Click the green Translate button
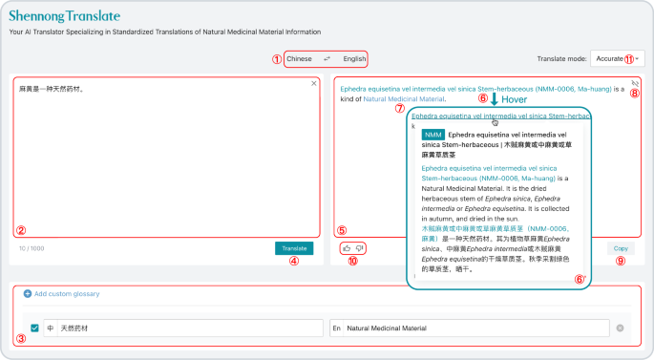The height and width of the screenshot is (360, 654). pos(292,248)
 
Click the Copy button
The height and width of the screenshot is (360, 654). pos(621,248)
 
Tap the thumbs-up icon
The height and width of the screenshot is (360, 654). pos(347,248)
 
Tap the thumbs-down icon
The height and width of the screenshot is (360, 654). pos(360,248)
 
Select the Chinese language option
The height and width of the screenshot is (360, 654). pos(299,58)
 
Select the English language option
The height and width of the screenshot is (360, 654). pos(354,58)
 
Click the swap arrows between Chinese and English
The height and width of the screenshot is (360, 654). pos(327,58)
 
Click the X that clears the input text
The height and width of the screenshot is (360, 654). pos(314,83)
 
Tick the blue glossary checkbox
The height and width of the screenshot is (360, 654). pos(35,328)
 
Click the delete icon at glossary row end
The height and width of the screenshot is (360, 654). pos(620,328)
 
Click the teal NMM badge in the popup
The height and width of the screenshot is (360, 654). pos(432,135)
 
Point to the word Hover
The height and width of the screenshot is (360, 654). pos(515,99)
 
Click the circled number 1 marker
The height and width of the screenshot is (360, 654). pos(277,58)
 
